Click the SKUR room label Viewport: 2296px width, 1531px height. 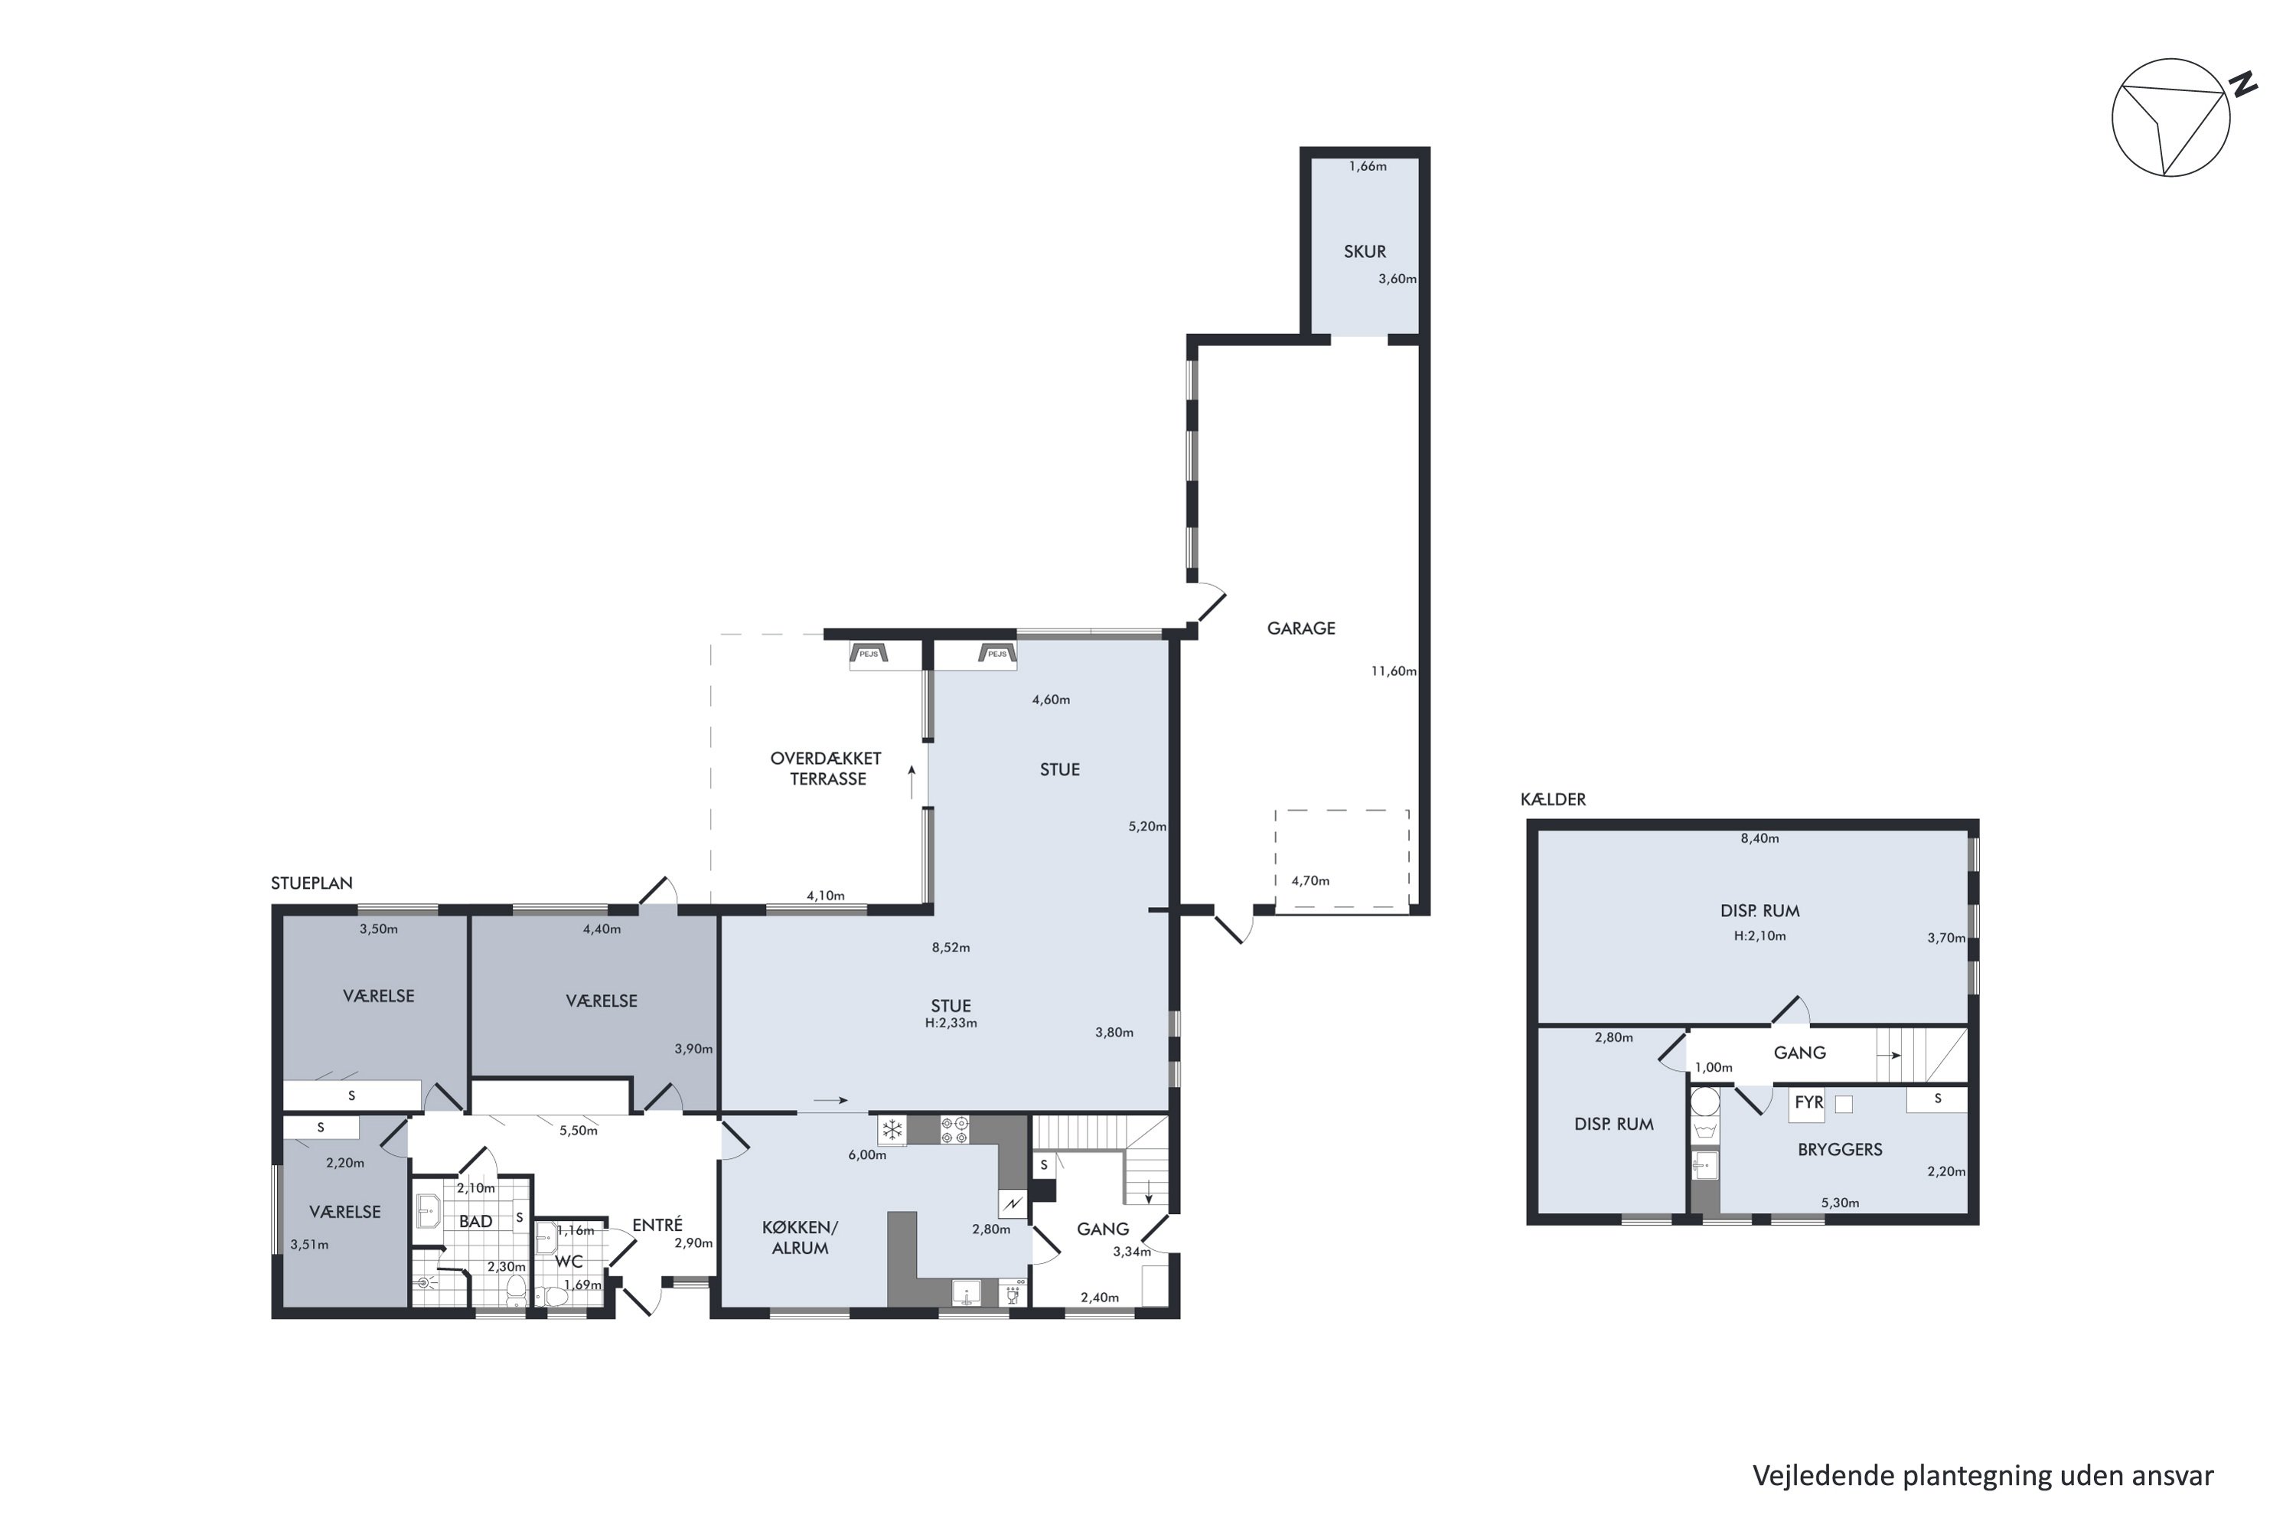pos(1365,251)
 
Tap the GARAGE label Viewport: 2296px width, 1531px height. pos(1301,628)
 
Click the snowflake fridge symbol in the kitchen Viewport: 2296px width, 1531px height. pos(892,1131)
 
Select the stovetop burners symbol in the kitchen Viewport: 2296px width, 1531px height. pos(954,1130)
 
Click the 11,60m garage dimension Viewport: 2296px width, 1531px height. pos(1393,671)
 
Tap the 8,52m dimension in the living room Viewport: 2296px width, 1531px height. pos(951,947)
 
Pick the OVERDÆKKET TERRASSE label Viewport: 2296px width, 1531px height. pos(826,769)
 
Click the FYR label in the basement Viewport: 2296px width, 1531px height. pos(1809,1102)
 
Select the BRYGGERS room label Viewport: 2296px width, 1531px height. pos(1840,1149)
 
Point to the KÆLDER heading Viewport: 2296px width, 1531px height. pos(1553,798)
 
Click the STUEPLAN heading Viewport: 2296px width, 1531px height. pos(311,883)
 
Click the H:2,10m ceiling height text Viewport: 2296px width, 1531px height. pos(1760,935)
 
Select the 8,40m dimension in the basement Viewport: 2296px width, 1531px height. pos(1760,837)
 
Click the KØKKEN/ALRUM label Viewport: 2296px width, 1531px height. pos(800,1237)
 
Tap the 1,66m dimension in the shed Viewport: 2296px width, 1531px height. pos(1368,166)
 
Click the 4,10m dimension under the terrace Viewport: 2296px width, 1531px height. pos(826,896)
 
